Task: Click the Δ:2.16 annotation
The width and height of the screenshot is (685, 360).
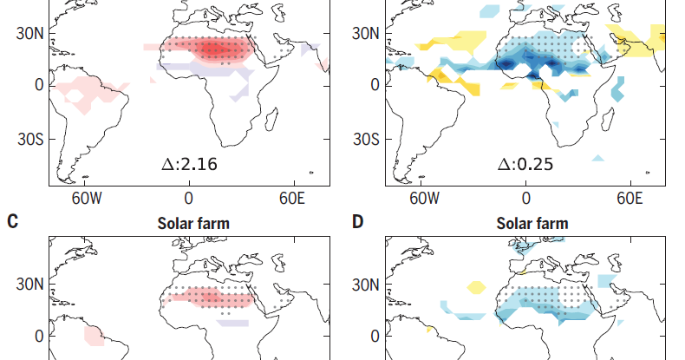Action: click(196, 162)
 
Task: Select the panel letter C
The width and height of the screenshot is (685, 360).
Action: click(12, 222)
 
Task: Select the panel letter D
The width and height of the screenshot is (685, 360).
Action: click(357, 222)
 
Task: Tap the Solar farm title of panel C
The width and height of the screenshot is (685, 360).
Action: click(193, 224)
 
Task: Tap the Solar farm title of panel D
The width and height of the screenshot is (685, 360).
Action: click(532, 224)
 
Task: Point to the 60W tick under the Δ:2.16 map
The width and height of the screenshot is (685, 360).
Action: click(88, 199)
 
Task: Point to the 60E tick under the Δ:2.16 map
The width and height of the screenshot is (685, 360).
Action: click(291, 199)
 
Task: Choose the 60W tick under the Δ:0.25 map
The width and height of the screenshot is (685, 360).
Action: click(425, 199)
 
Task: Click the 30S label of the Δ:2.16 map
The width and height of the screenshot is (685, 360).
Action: click(29, 139)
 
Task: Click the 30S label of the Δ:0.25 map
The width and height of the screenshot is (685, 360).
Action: click(366, 139)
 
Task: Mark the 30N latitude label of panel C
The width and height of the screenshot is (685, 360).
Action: click(29, 285)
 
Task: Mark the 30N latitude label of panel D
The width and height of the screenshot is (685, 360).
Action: click(366, 285)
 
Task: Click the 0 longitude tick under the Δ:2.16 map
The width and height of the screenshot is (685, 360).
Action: click(189, 199)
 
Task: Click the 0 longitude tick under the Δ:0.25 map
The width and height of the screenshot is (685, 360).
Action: click(526, 199)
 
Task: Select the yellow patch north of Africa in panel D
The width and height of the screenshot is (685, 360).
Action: click(477, 285)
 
